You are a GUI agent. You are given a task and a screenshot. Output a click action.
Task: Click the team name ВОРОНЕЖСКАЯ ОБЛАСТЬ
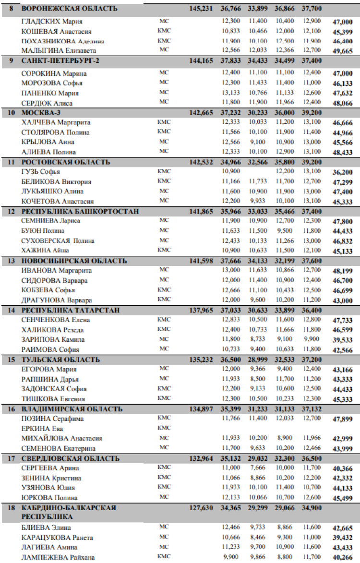tap(69, 9)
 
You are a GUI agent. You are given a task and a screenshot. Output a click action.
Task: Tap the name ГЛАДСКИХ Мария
tap(52, 22)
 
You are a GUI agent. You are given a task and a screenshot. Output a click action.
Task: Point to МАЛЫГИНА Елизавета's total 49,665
tap(342, 51)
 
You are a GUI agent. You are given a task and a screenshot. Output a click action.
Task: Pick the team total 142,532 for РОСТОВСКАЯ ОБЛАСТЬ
tap(201, 162)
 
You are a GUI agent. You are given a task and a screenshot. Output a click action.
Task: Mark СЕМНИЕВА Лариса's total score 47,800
tap(342, 222)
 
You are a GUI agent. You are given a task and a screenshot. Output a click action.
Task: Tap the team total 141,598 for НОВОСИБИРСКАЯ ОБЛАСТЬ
tap(201, 261)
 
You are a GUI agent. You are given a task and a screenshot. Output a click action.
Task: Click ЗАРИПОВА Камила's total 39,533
tap(342, 340)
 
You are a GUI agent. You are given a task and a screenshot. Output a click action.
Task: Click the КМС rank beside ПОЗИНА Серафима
tap(164, 418)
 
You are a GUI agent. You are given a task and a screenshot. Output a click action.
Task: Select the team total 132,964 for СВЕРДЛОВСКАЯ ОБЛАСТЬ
tap(201, 458)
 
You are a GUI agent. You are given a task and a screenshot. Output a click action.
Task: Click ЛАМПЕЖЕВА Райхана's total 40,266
tap(342, 558)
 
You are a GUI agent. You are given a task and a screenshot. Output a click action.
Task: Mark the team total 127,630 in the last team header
tap(201, 508)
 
